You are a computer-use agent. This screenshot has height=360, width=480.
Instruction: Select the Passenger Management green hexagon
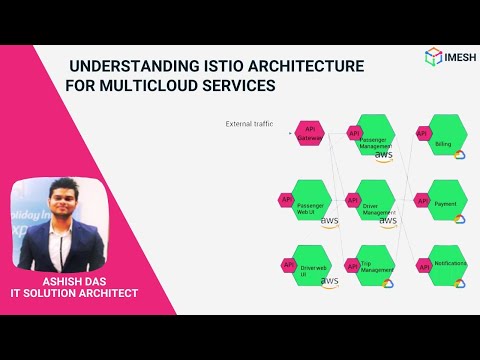378,135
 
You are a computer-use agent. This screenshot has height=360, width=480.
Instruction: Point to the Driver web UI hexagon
314,265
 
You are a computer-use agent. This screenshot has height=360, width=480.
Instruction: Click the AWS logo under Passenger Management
384,157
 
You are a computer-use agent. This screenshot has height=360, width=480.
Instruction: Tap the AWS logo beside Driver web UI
329,282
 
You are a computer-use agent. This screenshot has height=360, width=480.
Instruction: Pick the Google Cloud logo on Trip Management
388,283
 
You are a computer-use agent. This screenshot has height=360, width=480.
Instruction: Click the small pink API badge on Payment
423,200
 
